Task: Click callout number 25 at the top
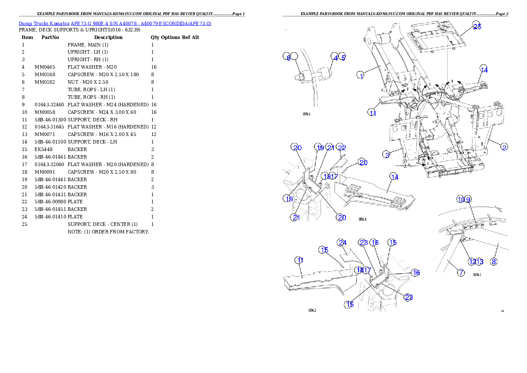click(477, 26)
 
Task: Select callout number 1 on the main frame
click(361, 76)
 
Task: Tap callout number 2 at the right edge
click(504, 147)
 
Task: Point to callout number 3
click(387, 154)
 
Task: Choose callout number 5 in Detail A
click(342, 57)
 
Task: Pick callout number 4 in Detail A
click(335, 57)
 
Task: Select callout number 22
click(341, 147)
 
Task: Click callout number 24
click(341, 243)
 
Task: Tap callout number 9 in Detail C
click(468, 199)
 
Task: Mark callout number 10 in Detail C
click(461, 199)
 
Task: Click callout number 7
click(461, 273)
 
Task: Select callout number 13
click(479, 261)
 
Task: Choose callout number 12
click(473, 261)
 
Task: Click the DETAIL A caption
click(306, 114)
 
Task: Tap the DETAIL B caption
click(363, 219)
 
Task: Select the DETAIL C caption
click(477, 275)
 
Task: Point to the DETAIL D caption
click(312, 310)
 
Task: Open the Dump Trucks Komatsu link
click(115, 23)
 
